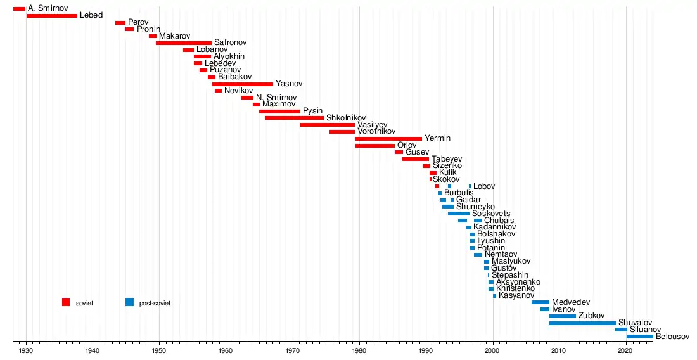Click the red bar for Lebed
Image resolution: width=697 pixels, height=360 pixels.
tap(52, 15)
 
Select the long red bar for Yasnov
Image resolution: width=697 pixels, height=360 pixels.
tap(243, 84)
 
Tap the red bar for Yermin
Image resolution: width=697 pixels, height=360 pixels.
tap(388, 138)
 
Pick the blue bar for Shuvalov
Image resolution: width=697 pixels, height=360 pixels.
tap(582, 323)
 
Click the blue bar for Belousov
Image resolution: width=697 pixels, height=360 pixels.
tap(639, 337)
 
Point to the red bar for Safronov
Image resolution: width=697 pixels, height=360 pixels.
tap(184, 42)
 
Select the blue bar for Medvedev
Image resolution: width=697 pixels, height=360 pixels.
tap(540, 302)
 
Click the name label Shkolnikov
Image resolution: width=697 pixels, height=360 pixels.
tap(346, 118)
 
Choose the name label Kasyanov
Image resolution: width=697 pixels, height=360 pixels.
tap(516, 295)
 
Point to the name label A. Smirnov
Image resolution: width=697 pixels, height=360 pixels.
tap(48, 8)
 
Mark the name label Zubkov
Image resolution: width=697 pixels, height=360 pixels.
tap(592, 316)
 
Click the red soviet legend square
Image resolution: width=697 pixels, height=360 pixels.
tap(66, 302)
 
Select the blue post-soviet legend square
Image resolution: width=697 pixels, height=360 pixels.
tap(130, 302)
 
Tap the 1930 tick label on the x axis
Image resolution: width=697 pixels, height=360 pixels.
tap(26, 350)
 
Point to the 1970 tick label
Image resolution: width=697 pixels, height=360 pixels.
tap(293, 350)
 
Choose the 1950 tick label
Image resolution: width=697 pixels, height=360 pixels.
tap(159, 350)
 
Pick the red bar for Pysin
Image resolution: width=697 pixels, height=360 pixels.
tap(279, 111)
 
